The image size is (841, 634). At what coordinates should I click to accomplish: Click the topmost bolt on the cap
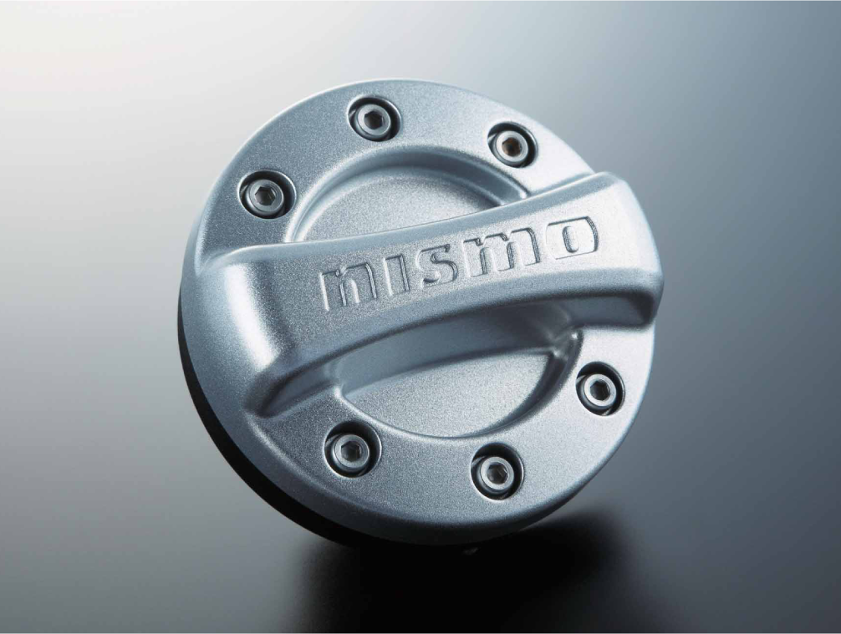(372, 119)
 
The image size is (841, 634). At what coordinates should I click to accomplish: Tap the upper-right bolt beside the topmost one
(510, 144)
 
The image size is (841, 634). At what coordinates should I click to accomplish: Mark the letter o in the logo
(573, 236)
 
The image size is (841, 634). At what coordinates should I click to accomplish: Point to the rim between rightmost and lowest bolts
(560, 443)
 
